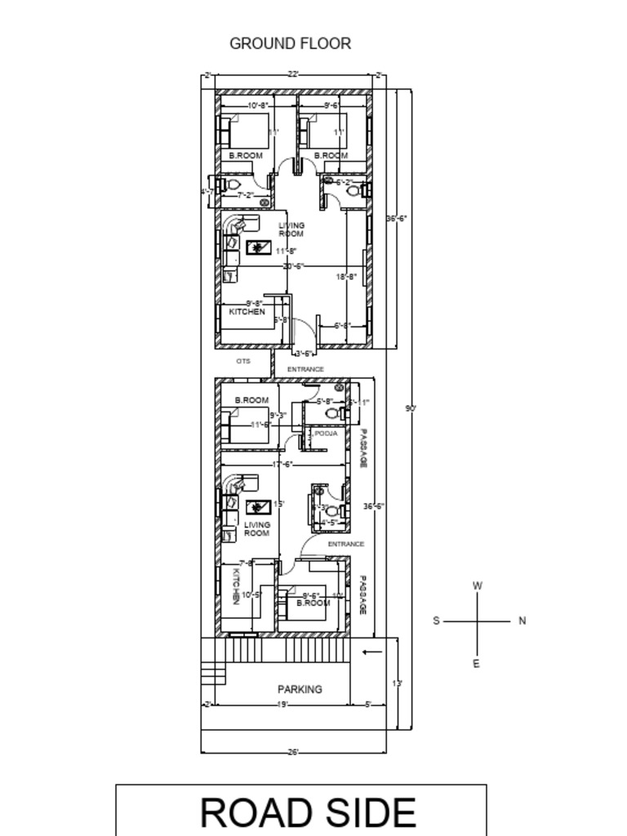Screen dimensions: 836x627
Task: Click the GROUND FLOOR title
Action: (290, 43)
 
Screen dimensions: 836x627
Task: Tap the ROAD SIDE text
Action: (308, 813)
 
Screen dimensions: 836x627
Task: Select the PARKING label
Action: (300, 689)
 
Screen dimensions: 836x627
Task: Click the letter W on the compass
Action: (478, 585)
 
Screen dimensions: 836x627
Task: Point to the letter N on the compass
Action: (522, 620)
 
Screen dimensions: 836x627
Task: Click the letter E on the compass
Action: (477, 664)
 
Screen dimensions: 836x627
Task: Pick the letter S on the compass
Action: (436, 620)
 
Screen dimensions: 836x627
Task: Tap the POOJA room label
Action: (327, 434)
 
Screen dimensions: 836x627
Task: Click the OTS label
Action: (243, 361)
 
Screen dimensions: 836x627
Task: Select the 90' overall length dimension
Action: (411, 408)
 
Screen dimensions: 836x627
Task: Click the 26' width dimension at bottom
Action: (293, 752)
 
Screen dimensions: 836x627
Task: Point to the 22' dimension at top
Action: (293, 75)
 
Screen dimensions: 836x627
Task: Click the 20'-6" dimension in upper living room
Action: (293, 266)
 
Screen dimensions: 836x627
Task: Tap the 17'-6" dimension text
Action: (283, 464)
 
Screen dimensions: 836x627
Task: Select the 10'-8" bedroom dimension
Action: (258, 105)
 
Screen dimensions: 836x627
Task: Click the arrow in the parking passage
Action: (372, 651)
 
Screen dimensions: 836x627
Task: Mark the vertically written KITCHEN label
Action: (235, 585)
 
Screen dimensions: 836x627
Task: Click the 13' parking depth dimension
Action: (398, 683)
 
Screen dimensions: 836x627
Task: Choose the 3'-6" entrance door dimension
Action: (305, 354)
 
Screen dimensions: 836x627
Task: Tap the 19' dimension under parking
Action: (282, 705)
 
